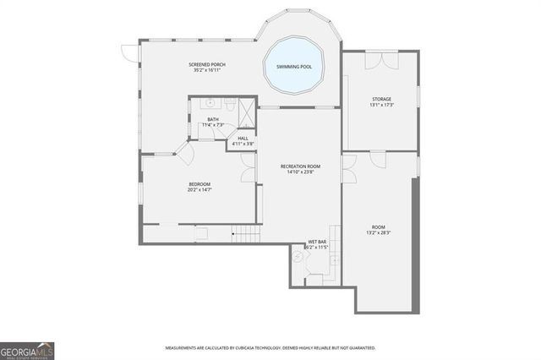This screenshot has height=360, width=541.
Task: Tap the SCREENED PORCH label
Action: (207, 64)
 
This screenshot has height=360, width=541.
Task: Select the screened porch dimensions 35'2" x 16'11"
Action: (207, 70)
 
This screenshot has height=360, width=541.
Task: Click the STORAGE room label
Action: (381, 100)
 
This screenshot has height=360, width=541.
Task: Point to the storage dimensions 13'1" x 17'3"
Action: (381, 106)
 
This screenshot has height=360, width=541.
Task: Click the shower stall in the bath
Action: (246, 110)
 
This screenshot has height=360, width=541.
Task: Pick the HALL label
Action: (243, 138)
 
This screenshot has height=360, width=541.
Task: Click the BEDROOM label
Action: (199, 184)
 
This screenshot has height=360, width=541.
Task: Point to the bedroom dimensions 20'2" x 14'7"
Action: (199, 190)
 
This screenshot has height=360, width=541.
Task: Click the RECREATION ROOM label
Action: (299, 166)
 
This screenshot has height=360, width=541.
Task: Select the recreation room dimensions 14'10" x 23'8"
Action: (299, 172)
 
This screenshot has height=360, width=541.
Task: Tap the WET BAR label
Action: (317, 241)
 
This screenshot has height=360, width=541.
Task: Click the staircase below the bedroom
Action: (245, 233)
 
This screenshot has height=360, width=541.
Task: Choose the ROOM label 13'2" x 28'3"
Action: (378, 229)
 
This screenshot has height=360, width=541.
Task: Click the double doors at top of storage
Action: (380, 58)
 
